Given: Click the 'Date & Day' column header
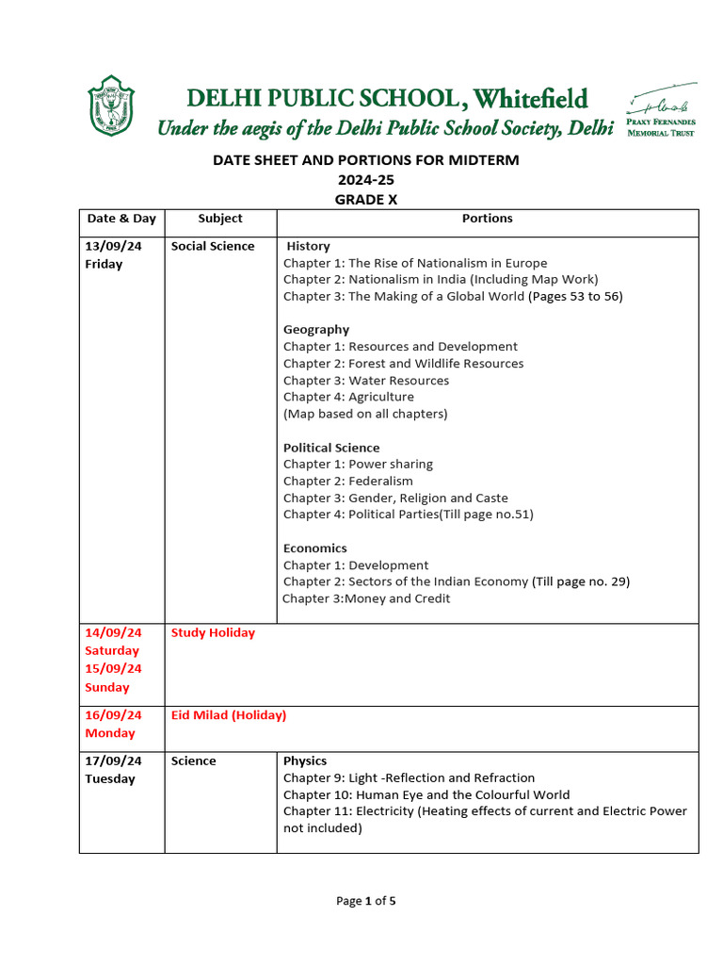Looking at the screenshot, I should (121, 219).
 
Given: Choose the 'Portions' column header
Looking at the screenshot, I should (487, 219).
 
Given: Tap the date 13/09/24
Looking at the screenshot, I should (113, 246).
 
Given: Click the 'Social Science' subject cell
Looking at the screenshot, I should (213, 246).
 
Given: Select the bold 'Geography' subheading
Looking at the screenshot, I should (316, 330).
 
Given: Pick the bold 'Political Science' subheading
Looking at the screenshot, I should (331, 448).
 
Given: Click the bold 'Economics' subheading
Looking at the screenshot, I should (315, 548).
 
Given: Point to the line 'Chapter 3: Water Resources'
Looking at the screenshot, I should (366, 381).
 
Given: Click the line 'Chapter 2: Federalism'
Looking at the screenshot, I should (348, 482).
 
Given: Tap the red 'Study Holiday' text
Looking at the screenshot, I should (213, 633).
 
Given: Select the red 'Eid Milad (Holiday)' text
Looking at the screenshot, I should (229, 715).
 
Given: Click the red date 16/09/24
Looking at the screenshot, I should (113, 715).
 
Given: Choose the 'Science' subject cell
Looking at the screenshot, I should (194, 761).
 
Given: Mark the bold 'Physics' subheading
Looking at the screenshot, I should (305, 761).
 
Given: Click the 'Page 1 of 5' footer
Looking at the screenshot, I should (366, 901).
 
